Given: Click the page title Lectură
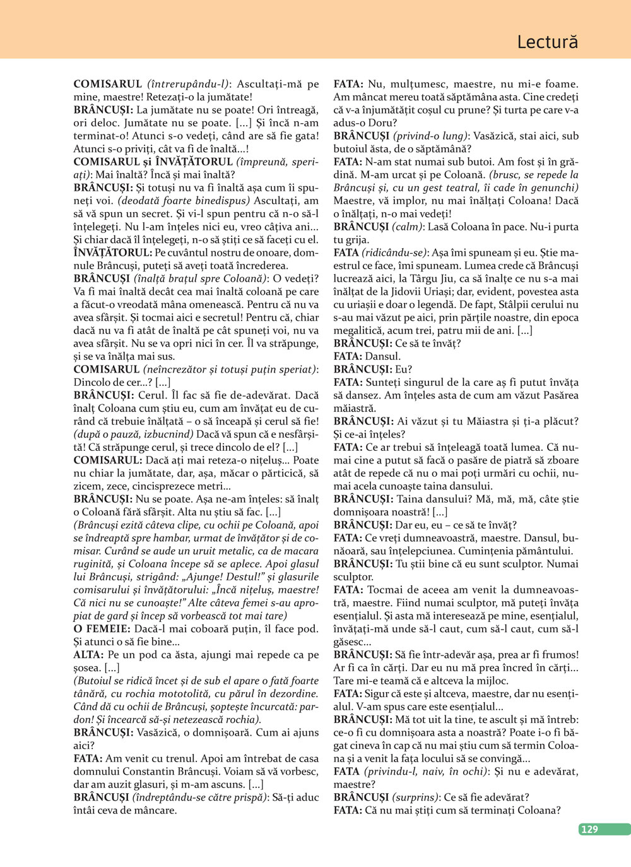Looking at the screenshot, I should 547,42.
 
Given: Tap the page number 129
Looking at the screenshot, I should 589,829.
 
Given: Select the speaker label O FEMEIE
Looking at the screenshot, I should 102,629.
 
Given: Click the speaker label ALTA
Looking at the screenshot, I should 88,655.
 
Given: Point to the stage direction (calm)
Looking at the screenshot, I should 410,227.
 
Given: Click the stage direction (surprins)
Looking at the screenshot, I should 416,798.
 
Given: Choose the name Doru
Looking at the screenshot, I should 382,123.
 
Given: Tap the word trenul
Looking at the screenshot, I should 179,758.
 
